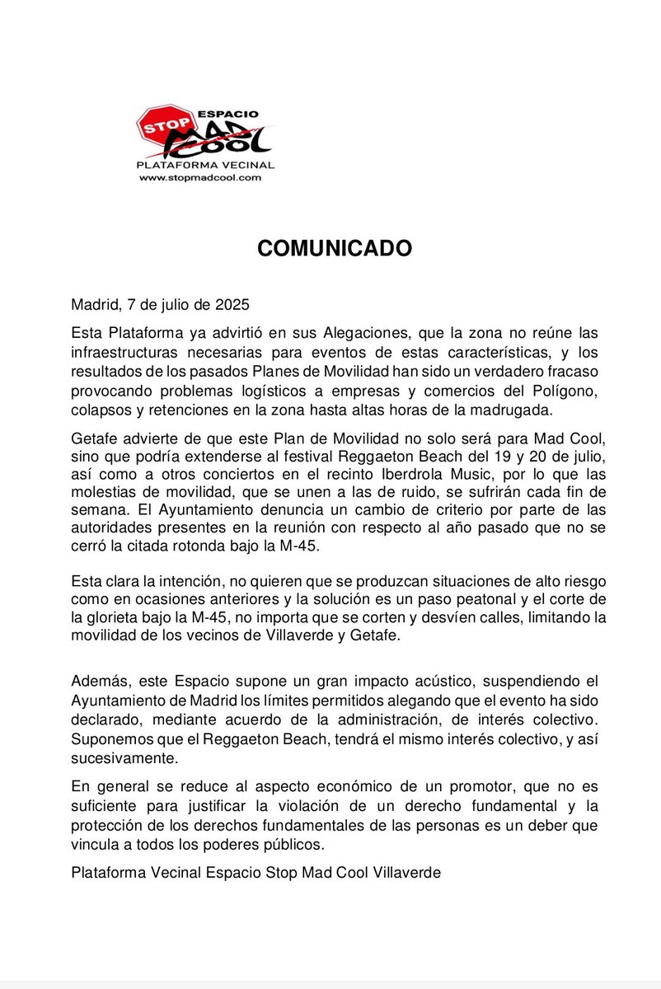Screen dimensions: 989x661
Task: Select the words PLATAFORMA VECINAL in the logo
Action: [205, 166]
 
